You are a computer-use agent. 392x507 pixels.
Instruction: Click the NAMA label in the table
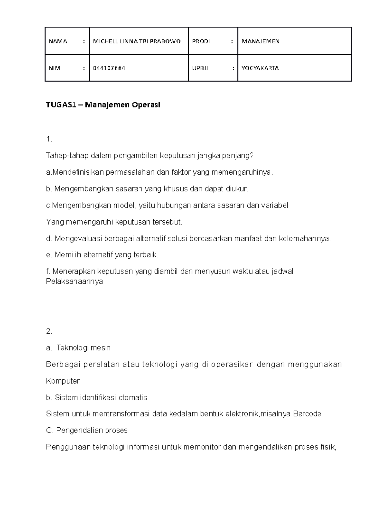pyautogui.click(x=58, y=41)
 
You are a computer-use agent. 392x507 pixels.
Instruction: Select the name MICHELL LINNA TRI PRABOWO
pyautogui.click(x=137, y=41)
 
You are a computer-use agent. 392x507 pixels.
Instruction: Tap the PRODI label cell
pyautogui.click(x=201, y=41)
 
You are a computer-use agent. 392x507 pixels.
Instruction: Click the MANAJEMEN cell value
pyautogui.click(x=260, y=41)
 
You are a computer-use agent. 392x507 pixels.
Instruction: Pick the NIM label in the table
pyautogui.click(x=55, y=68)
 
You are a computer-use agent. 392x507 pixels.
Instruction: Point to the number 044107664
pyautogui.click(x=109, y=68)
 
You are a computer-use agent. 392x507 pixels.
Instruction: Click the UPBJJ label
pyautogui.click(x=200, y=68)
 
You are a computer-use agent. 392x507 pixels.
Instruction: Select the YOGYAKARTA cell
pyautogui.click(x=260, y=68)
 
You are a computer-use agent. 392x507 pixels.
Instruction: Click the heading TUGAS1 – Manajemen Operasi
pyautogui.click(x=103, y=105)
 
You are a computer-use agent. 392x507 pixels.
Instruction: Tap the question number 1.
pyautogui.click(x=49, y=139)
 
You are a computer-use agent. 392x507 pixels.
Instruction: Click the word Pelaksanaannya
pyautogui.click(x=74, y=281)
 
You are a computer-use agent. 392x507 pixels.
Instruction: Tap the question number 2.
pyautogui.click(x=49, y=331)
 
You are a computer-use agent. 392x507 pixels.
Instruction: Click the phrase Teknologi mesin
pyautogui.click(x=84, y=348)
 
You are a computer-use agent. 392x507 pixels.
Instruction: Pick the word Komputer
pyautogui.click(x=63, y=381)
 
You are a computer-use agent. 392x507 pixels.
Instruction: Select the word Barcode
pyautogui.click(x=307, y=414)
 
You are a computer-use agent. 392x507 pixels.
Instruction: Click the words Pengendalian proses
pyautogui.click(x=92, y=430)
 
